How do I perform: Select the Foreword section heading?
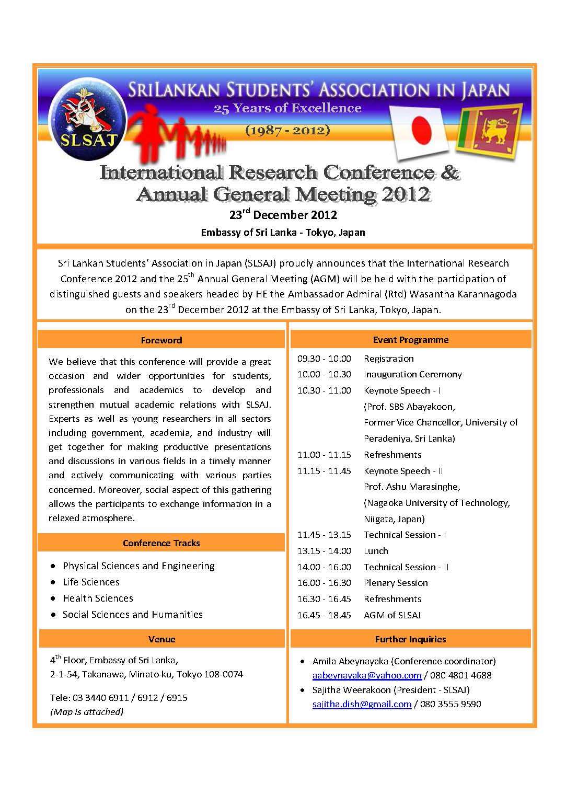(x=161, y=340)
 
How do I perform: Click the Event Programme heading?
(x=410, y=340)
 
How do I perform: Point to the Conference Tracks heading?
(x=161, y=543)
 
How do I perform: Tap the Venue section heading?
(x=161, y=639)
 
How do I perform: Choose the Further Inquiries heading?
(x=410, y=639)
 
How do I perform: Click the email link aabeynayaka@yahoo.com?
(x=367, y=675)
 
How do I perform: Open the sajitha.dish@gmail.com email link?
(x=362, y=704)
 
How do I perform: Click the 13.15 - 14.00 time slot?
(x=324, y=551)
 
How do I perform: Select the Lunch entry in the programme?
(x=376, y=551)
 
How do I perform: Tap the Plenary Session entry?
(x=396, y=583)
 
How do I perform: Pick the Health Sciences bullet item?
(x=98, y=598)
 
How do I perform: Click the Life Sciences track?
(x=91, y=582)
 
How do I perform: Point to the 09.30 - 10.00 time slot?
(x=324, y=359)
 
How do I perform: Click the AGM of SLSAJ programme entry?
(x=392, y=615)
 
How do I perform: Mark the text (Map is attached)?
(x=87, y=711)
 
